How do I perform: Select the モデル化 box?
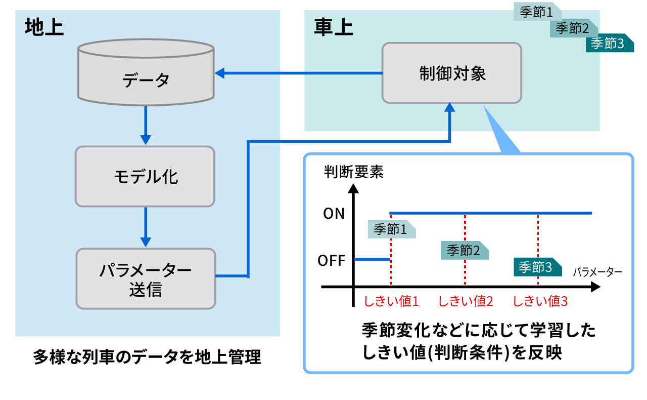pyautogui.click(x=145, y=176)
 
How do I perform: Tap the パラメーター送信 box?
pyautogui.click(x=146, y=278)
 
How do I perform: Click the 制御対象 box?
pyautogui.click(x=451, y=73)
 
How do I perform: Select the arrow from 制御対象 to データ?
pyautogui.click(x=298, y=74)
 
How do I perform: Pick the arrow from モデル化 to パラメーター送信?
pyautogui.click(x=146, y=226)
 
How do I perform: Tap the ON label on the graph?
pyautogui.click(x=334, y=214)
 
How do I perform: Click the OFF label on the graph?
pyautogui.click(x=332, y=261)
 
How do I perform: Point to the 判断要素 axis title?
pyautogui.click(x=354, y=172)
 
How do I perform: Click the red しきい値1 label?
pyautogui.click(x=392, y=301)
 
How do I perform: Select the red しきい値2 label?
pyautogui.click(x=466, y=301)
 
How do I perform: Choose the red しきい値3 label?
pyautogui.click(x=540, y=301)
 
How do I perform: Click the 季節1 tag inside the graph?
pyautogui.click(x=391, y=229)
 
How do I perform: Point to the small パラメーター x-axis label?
pyautogui.click(x=597, y=272)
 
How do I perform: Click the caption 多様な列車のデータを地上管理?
pyautogui.click(x=147, y=357)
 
